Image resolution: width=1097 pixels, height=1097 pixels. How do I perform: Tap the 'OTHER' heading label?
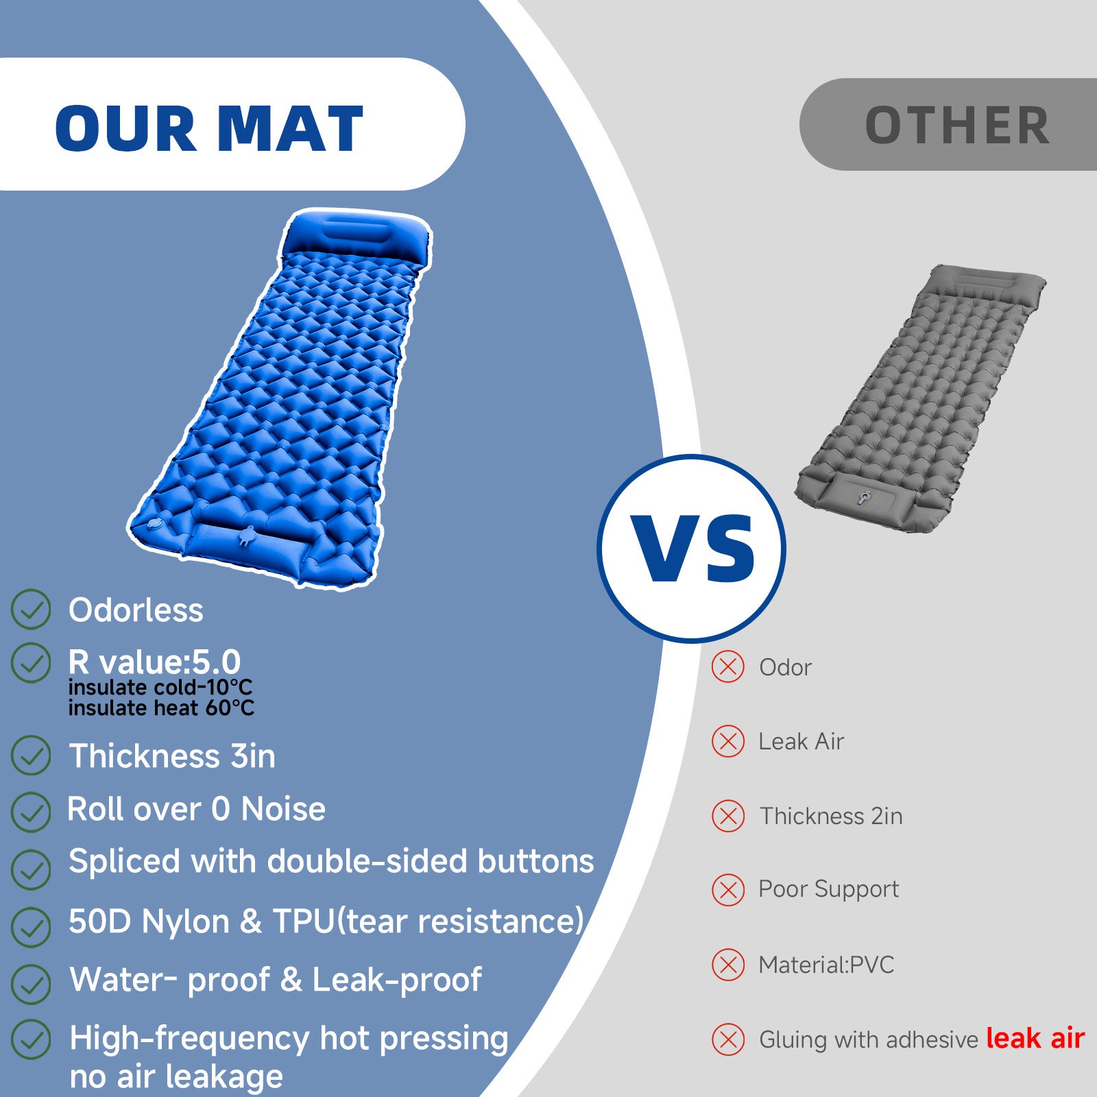pyautogui.click(x=957, y=125)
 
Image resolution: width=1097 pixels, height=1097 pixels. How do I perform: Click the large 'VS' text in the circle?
pyautogui.click(x=695, y=548)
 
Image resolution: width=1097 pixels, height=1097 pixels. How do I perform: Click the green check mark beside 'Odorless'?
pyautogui.click(x=31, y=609)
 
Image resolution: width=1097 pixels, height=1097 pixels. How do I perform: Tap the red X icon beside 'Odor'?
pyautogui.click(x=728, y=667)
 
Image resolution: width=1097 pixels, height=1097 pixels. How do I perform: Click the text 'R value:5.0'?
pyautogui.click(x=154, y=662)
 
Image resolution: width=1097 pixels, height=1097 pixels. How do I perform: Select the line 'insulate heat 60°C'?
pyautogui.click(x=161, y=708)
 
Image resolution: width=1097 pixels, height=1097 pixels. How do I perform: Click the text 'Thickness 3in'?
pyautogui.click(x=172, y=756)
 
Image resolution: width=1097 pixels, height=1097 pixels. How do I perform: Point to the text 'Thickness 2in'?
pyautogui.click(x=831, y=816)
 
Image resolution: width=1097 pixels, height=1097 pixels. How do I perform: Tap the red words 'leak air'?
pyautogui.click(x=1035, y=1038)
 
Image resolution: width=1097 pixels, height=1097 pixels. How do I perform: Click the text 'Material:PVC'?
pyautogui.click(x=826, y=965)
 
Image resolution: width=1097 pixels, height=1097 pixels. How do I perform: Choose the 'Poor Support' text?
pyautogui.click(x=828, y=889)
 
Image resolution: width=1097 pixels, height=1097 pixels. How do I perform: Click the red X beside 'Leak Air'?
pyautogui.click(x=728, y=742)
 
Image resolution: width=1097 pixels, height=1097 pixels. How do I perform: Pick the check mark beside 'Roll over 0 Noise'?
pyautogui.click(x=31, y=812)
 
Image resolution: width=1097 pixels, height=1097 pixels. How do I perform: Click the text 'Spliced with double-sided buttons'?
pyautogui.click(x=331, y=861)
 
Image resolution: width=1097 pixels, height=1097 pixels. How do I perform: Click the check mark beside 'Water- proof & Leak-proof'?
pyautogui.click(x=31, y=985)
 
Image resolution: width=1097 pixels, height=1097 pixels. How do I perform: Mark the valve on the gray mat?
pyautogui.click(x=865, y=496)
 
